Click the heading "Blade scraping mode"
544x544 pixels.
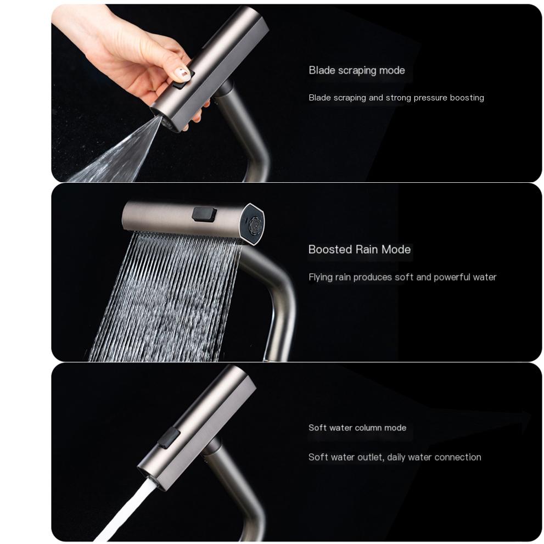[356, 70]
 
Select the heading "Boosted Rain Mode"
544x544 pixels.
[359, 250]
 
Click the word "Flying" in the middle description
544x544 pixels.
[320, 277]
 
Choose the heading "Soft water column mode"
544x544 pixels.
[357, 428]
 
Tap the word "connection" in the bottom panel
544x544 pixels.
[457, 457]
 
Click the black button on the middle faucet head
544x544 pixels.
[204, 214]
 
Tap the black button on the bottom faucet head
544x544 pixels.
[169, 438]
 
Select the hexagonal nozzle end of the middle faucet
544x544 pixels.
[254, 223]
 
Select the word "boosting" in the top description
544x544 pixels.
[467, 98]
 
